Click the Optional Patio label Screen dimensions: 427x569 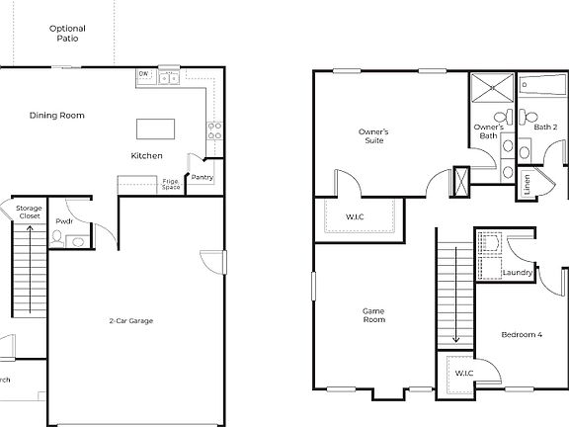coord(67,34)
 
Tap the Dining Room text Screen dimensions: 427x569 coord(56,116)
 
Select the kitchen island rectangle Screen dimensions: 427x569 coord(154,128)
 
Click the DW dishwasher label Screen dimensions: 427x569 coord(143,74)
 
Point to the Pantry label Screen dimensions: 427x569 coord(202,178)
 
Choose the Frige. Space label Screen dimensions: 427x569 coord(172,184)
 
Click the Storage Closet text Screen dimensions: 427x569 coord(28,212)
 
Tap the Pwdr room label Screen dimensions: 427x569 coord(64,221)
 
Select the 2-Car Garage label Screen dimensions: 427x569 coord(130,320)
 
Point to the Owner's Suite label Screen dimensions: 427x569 coord(372,135)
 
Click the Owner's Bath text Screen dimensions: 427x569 coord(489,131)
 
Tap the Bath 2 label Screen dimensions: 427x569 coord(546,127)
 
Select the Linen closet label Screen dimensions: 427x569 coord(528,184)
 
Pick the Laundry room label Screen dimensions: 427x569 coord(518,272)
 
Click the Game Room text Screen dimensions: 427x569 coord(372,315)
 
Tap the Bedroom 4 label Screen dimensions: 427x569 coord(521,335)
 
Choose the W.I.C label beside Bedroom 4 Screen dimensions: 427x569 coord(461,373)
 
